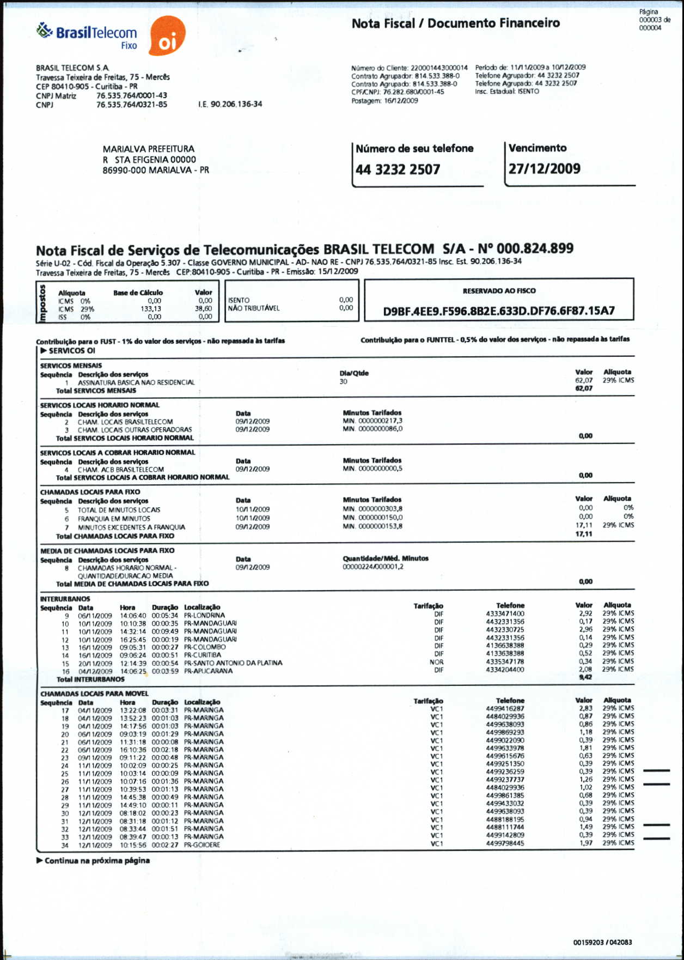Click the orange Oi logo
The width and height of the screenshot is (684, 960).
click(167, 37)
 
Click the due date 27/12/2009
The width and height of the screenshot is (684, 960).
click(544, 169)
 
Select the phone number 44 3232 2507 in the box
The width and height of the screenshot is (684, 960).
click(398, 170)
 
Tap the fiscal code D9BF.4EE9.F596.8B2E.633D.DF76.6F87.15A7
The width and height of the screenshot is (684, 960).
click(499, 311)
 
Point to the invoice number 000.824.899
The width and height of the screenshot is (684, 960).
click(535, 249)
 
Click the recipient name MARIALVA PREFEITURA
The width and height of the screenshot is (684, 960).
click(148, 149)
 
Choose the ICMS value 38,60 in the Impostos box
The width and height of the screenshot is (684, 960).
click(204, 309)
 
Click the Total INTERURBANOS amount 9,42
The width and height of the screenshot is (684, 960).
click(585, 677)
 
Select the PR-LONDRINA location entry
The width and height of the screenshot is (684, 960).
click(204, 615)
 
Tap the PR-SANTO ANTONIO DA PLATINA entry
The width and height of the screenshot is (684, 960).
click(233, 663)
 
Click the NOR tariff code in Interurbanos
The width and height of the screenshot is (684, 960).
click(437, 662)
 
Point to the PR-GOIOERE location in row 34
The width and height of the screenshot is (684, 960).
click(202, 845)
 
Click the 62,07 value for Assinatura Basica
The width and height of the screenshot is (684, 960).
click(583, 380)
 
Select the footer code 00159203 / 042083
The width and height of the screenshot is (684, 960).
click(602, 943)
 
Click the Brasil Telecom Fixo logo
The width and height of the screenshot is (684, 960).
click(87, 35)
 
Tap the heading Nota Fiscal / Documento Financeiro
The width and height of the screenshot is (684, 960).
click(455, 23)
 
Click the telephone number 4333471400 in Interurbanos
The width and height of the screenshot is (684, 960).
click(505, 614)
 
